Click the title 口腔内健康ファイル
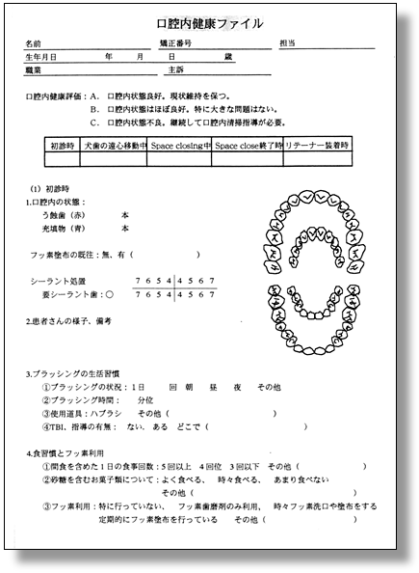tap(209, 23)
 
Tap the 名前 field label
tap(34, 44)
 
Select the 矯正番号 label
tap(175, 44)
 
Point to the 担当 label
tap(287, 44)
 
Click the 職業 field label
tap(34, 70)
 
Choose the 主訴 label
tap(174, 70)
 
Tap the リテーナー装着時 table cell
tap(317, 145)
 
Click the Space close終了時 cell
tap(248, 145)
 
